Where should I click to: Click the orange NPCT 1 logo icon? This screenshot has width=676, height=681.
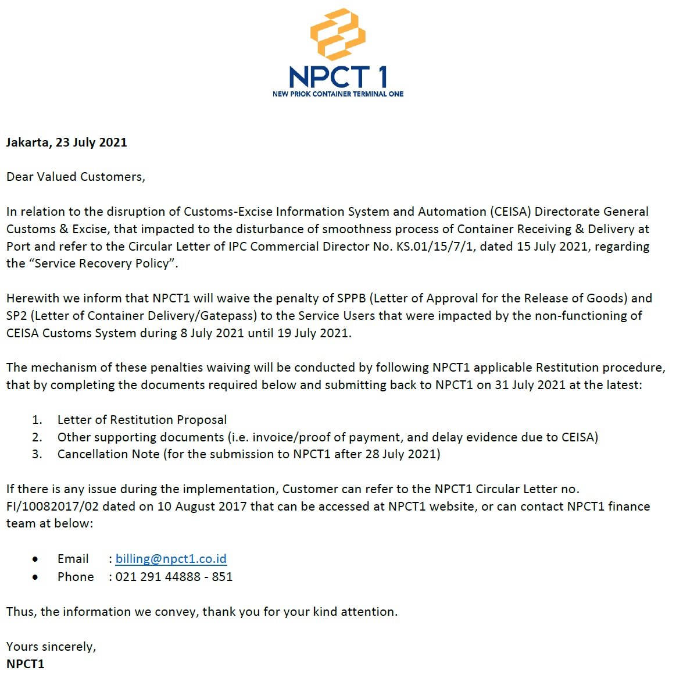pos(338,34)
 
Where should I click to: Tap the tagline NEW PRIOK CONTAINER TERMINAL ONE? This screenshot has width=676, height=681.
pos(338,94)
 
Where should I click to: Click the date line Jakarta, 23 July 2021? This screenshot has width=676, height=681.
pos(66,142)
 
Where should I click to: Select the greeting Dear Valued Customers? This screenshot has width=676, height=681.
pos(76,177)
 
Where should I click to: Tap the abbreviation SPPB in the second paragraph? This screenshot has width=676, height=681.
pos(352,298)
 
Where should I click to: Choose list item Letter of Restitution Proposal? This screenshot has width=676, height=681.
pos(142,420)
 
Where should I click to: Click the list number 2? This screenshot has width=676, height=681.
pos(37,437)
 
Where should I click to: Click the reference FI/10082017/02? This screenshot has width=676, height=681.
pos(52,507)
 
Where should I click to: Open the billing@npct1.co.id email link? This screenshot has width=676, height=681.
pos(171,559)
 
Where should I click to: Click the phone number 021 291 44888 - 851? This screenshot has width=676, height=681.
pos(174,577)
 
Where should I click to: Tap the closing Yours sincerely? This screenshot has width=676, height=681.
pos(51,647)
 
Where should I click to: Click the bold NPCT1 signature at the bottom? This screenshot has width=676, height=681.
pos(26,664)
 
